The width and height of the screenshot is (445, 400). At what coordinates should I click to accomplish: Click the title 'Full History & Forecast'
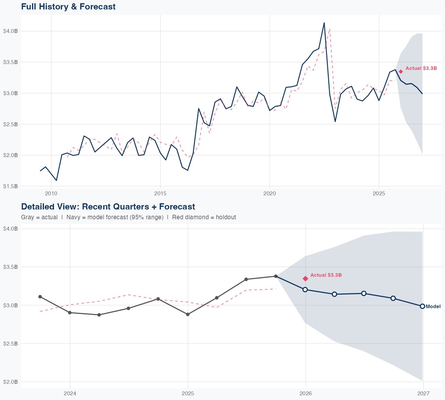68,7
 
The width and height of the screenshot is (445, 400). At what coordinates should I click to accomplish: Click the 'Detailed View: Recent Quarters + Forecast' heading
108,207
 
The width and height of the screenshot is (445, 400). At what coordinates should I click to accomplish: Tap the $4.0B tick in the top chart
10,31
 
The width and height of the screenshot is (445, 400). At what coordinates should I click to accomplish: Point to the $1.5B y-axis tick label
10,186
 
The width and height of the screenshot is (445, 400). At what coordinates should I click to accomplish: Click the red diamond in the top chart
401,71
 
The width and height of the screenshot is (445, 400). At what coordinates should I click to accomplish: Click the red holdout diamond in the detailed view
306,279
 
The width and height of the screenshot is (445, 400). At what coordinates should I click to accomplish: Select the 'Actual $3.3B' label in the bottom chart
326,275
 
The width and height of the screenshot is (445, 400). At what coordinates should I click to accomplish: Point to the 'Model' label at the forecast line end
433,307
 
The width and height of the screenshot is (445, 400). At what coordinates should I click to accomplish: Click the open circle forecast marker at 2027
422,306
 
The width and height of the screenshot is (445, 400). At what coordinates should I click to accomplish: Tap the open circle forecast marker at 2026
305,289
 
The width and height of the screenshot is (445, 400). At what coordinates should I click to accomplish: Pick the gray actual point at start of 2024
70,313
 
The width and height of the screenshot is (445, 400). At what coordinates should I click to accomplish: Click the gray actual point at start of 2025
188,314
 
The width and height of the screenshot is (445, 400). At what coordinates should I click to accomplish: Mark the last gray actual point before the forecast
276,276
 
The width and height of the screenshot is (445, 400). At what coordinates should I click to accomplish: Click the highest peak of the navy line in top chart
324,23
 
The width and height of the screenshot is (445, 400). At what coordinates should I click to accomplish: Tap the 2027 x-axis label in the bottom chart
423,394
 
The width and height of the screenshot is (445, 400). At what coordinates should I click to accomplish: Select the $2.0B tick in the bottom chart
10,382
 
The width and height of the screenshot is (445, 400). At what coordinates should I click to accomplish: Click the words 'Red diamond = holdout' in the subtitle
204,217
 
